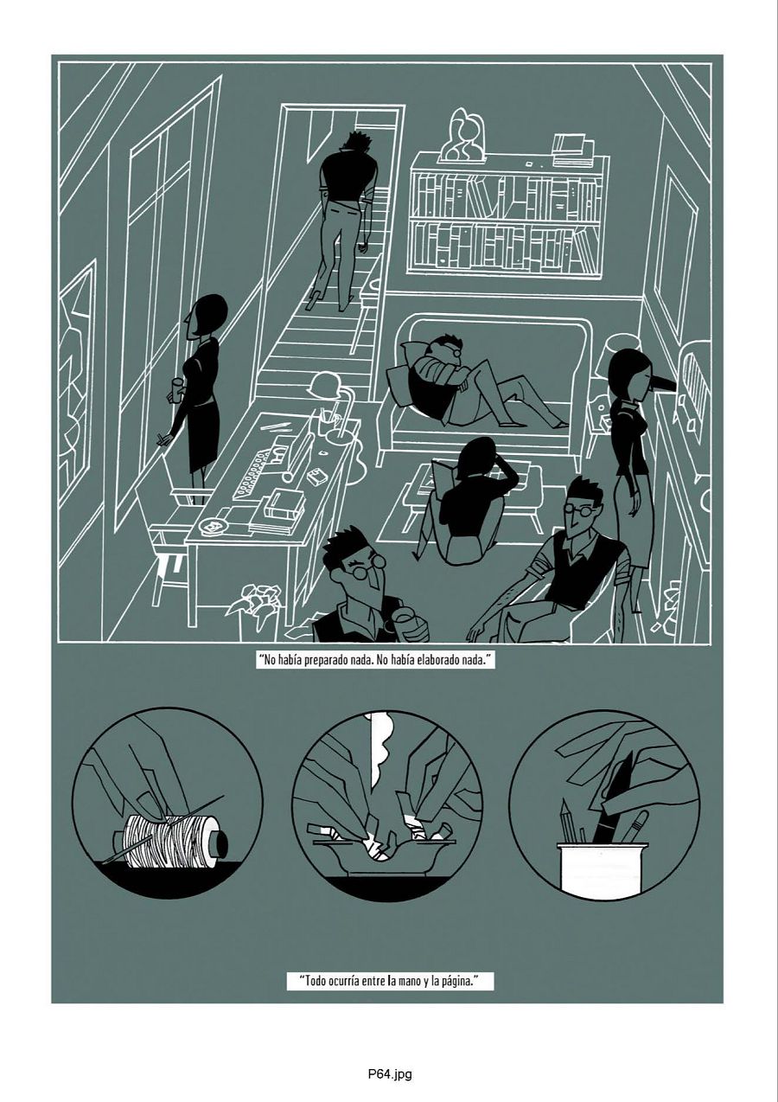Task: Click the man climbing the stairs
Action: point(346,208)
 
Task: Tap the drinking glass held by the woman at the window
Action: point(177,390)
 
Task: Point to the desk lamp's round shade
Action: point(324,385)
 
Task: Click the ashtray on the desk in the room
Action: point(210,526)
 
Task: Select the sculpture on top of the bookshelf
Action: point(463,137)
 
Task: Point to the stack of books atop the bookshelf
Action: point(571,149)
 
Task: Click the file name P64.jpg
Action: point(389,1075)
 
